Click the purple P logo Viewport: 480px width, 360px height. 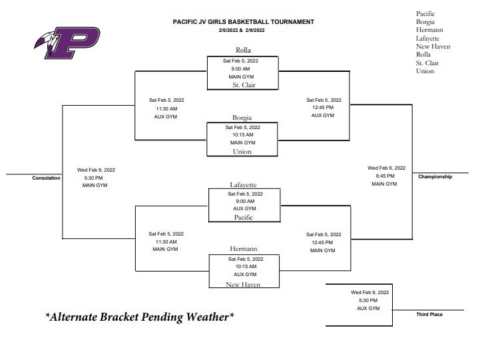[x=67, y=43]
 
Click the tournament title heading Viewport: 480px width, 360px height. [x=244, y=22]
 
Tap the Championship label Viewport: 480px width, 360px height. [x=435, y=177]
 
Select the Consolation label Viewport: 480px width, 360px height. [x=46, y=178]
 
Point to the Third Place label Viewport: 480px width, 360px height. [x=429, y=315]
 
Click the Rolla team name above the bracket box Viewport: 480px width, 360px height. [x=243, y=50]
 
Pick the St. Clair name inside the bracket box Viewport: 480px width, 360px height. [x=244, y=85]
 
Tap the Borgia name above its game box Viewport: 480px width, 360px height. [x=242, y=118]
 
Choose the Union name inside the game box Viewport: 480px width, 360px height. [x=242, y=152]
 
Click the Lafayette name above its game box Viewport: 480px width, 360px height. [x=243, y=185]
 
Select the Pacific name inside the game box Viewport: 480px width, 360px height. [x=244, y=218]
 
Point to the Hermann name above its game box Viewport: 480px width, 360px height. [x=244, y=249]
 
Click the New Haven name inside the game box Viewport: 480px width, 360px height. [x=243, y=284]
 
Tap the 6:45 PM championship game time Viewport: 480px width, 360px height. [x=385, y=176]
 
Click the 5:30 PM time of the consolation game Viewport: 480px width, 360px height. [x=93, y=178]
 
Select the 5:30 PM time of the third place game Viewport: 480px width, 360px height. [x=368, y=300]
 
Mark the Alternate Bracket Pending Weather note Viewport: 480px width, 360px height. [x=140, y=317]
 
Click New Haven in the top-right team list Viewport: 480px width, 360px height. [x=433, y=47]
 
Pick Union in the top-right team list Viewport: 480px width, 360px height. [x=425, y=71]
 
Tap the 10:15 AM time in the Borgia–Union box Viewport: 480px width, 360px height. [x=243, y=135]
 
